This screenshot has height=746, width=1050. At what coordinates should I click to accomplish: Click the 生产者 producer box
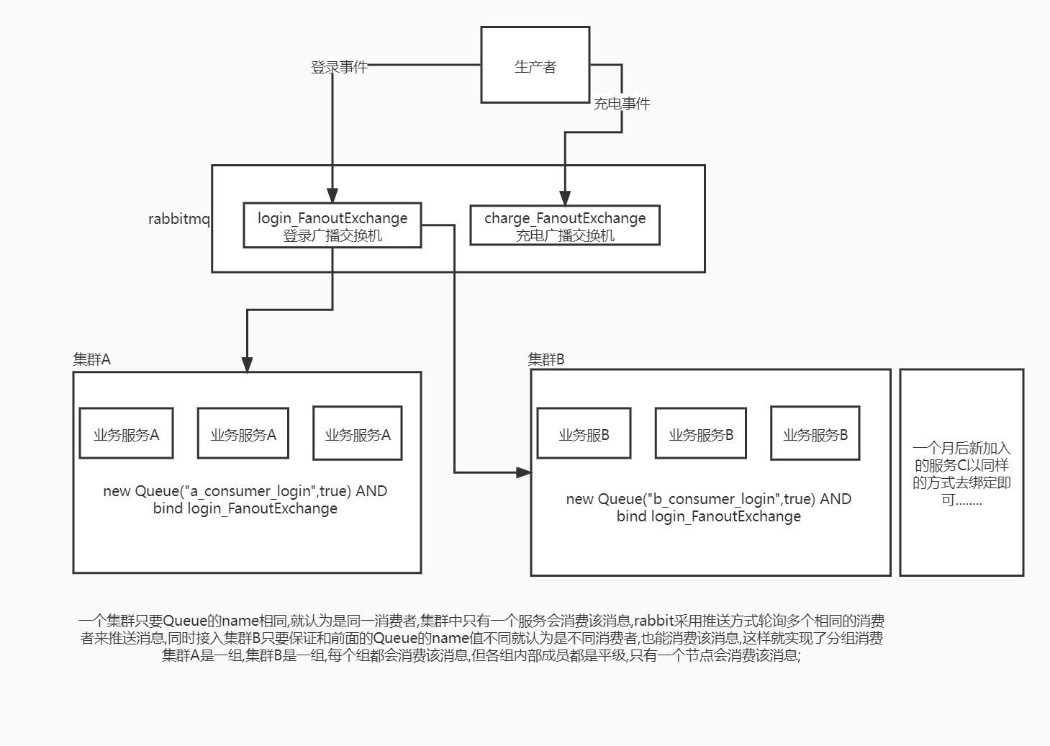[x=535, y=65]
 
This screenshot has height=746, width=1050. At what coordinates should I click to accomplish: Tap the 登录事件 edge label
[x=339, y=67]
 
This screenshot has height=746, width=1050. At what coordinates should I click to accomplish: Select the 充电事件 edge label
[x=621, y=104]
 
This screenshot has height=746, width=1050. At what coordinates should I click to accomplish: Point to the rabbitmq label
[x=179, y=219]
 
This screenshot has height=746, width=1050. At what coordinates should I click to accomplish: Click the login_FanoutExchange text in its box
[x=332, y=217]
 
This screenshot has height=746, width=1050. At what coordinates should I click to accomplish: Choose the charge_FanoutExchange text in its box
[x=565, y=217]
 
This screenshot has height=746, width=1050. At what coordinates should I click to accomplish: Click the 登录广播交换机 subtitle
[x=332, y=235]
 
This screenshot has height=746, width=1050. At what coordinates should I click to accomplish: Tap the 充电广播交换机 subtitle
[x=565, y=235]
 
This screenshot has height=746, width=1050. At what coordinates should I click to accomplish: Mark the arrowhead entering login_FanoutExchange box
[x=332, y=196]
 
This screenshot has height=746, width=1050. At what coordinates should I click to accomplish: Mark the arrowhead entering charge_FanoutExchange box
[x=565, y=198]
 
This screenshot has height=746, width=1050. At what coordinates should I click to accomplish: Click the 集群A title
[x=92, y=359]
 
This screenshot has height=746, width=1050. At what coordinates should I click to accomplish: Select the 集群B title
[x=546, y=359]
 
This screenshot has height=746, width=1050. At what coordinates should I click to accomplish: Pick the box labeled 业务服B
[x=584, y=433]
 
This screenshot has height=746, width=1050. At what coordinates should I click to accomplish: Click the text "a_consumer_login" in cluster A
[x=250, y=491]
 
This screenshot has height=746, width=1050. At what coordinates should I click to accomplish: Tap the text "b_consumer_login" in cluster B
[x=714, y=499]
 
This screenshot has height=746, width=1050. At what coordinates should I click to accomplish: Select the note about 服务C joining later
[x=961, y=473]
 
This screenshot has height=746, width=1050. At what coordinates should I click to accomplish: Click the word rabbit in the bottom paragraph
[x=653, y=621]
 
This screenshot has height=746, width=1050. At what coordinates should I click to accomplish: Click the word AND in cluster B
[x=836, y=499]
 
